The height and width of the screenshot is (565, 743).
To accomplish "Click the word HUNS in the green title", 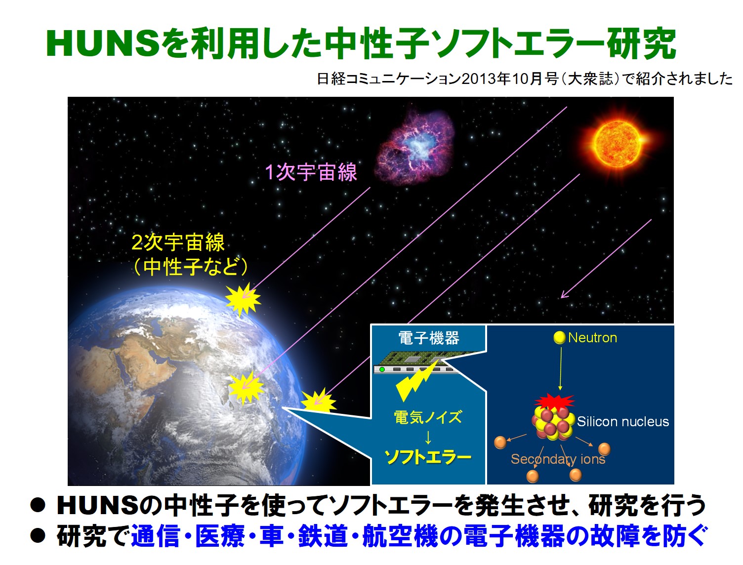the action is point(103,43).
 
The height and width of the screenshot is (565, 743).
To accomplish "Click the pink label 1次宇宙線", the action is point(311,172).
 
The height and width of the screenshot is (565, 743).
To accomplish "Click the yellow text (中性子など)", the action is point(190,267).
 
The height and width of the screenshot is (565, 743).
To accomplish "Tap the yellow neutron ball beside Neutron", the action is point(560,337).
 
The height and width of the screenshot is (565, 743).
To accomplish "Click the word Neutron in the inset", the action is point(592,338).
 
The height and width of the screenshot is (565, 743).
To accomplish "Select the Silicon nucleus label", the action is point(623,422).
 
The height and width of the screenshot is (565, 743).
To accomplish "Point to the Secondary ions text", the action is point(558,459).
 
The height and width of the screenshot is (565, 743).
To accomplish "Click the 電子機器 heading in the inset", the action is point(428,338).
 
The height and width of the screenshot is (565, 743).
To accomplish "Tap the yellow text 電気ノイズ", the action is point(428,417).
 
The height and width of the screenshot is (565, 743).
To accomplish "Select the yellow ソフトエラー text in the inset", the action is point(428,457).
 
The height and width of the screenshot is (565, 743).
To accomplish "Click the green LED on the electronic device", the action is point(382,369).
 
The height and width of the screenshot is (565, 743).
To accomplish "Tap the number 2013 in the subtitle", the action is point(477,79).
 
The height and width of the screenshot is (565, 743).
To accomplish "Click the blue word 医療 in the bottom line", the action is point(220,535).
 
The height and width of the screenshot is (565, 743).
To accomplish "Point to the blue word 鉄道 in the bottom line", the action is point(323,535).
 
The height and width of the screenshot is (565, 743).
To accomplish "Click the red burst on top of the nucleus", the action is point(554,401).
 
